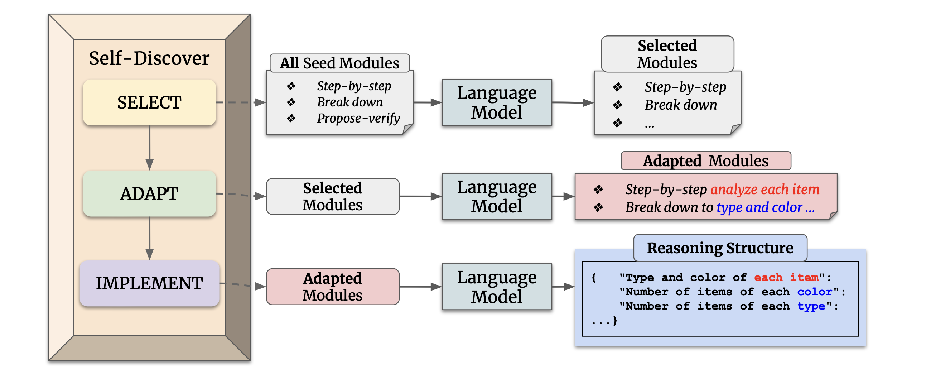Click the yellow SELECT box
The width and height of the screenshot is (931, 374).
(x=149, y=102)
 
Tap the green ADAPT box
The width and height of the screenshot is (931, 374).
(x=149, y=193)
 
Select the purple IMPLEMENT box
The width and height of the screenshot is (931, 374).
(x=149, y=283)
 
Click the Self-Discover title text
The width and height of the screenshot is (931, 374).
(x=149, y=58)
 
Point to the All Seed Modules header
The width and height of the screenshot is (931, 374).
(x=339, y=63)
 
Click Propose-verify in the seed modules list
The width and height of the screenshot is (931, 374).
(x=358, y=118)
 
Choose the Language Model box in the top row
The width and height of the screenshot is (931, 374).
(x=497, y=102)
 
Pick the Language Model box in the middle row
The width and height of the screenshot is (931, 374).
(x=497, y=196)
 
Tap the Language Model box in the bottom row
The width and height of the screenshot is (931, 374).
(x=497, y=287)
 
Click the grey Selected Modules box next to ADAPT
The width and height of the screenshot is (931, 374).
(x=333, y=196)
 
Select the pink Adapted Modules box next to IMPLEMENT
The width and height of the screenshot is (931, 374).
(x=333, y=287)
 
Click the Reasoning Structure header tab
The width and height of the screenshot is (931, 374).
(x=720, y=248)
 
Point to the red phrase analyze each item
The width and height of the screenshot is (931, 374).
(x=765, y=189)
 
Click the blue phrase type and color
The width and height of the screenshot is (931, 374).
(x=759, y=207)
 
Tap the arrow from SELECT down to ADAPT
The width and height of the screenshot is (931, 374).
(x=149, y=148)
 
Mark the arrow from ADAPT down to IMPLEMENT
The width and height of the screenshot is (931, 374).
(x=149, y=239)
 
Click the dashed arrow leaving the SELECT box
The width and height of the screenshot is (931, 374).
(x=240, y=102)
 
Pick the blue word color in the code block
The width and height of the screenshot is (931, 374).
(x=815, y=292)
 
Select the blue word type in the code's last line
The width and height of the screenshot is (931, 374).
(x=811, y=306)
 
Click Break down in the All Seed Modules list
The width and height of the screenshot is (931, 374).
(x=350, y=102)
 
